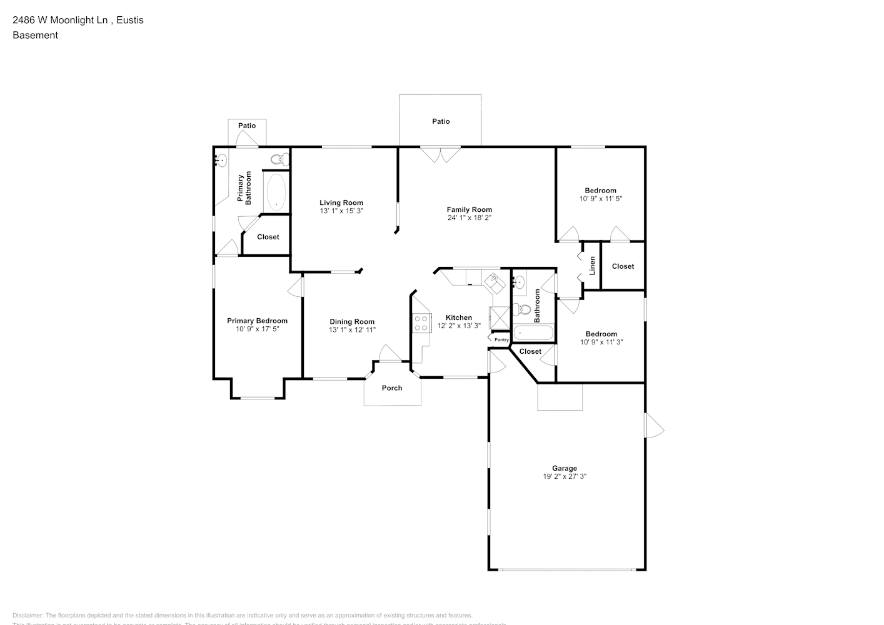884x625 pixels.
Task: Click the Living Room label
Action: (x=341, y=202)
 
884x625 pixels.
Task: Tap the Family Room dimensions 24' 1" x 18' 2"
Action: (x=469, y=218)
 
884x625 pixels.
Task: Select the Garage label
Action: (x=564, y=468)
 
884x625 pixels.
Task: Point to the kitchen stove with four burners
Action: (x=421, y=323)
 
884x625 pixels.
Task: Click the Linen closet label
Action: (x=592, y=266)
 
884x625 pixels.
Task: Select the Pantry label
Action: (x=501, y=340)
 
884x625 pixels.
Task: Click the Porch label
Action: (x=392, y=388)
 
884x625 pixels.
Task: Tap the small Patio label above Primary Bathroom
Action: (x=247, y=126)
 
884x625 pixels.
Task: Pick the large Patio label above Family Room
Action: (x=441, y=121)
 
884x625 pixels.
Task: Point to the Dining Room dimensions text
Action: (x=352, y=330)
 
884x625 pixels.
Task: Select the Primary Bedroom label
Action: (x=257, y=321)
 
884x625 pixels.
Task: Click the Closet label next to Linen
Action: (x=623, y=266)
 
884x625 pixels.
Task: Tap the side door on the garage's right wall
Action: (x=653, y=425)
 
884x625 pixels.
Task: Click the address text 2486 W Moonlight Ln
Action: (x=78, y=20)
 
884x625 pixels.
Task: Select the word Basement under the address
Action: (x=35, y=35)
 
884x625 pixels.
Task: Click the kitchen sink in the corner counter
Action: (x=496, y=282)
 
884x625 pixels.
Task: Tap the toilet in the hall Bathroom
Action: (x=522, y=309)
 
